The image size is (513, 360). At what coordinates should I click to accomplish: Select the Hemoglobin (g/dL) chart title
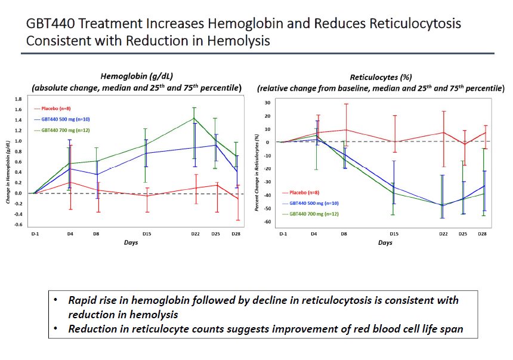(136, 76)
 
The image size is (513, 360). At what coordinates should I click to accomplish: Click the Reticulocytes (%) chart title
(381, 76)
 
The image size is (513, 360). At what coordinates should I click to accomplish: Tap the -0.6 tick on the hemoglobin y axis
(19, 224)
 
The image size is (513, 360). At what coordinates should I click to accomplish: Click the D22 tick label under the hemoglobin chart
(194, 234)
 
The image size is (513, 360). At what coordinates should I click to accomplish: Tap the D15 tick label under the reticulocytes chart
(393, 234)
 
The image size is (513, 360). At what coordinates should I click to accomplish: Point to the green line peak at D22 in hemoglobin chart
(194, 118)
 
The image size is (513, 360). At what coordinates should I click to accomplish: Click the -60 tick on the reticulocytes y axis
(269, 221)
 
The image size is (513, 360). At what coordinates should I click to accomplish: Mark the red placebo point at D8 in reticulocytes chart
(345, 130)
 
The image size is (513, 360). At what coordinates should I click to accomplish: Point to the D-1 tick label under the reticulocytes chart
(283, 234)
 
